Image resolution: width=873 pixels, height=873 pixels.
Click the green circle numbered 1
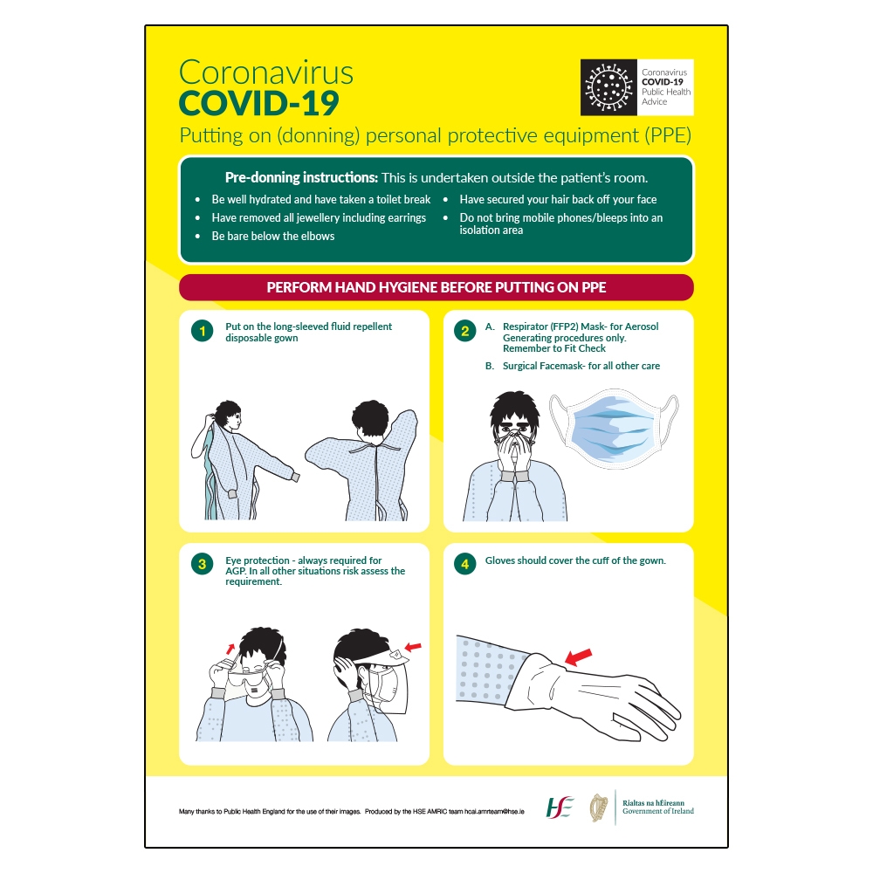tap(203, 331)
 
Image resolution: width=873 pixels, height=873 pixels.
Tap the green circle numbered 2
tap(465, 331)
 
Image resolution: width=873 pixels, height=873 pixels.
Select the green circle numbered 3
tap(203, 564)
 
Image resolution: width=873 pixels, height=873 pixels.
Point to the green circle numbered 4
tap(465, 564)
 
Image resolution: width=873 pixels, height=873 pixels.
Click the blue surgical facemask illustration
tap(613, 430)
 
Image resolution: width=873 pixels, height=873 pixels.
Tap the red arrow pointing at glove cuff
tap(578, 655)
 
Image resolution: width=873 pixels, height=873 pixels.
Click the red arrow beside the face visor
tap(413, 646)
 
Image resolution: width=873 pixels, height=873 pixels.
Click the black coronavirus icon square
tap(609, 87)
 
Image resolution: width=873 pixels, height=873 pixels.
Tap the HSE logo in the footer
tap(560, 806)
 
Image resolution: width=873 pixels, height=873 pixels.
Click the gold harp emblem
tap(599, 806)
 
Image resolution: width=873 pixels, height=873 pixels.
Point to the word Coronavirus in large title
tap(266, 71)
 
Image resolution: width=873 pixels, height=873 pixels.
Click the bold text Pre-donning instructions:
tap(301, 177)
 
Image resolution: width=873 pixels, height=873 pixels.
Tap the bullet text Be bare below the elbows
tap(272, 236)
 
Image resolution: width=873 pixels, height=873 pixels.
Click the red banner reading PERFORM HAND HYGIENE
tap(436, 287)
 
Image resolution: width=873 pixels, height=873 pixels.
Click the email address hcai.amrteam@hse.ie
tap(494, 812)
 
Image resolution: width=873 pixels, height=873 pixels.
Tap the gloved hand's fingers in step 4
tap(650, 707)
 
